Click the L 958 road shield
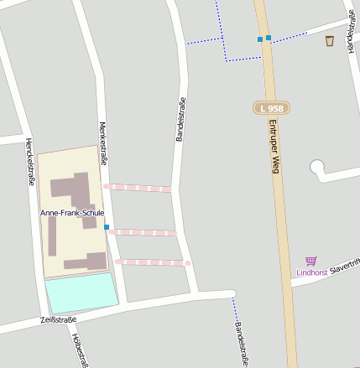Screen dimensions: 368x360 pyautogui.click(x=270, y=108)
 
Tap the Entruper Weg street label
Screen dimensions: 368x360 pyautogui.click(x=274, y=146)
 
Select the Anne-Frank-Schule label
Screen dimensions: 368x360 pyautogui.click(x=72, y=213)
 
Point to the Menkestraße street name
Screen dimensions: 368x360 pyautogui.click(x=102, y=144)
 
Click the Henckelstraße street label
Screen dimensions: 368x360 pyautogui.click(x=30, y=161)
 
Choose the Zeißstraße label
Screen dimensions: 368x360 pyautogui.click(x=58, y=320)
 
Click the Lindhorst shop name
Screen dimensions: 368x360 pyautogui.click(x=311, y=272)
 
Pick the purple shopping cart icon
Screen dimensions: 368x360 pyautogui.click(x=311, y=262)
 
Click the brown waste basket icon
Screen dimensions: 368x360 pyautogui.click(x=330, y=40)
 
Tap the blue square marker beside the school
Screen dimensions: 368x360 pyautogui.click(x=107, y=226)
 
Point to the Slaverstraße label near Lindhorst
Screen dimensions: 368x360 pyautogui.click(x=345, y=267)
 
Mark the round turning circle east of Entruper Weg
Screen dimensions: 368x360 pyautogui.click(x=318, y=167)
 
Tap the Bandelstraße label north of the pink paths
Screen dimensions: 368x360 pyautogui.click(x=180, y=119)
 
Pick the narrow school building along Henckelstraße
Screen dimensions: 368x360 pyautogui.click(x=52, y=236)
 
